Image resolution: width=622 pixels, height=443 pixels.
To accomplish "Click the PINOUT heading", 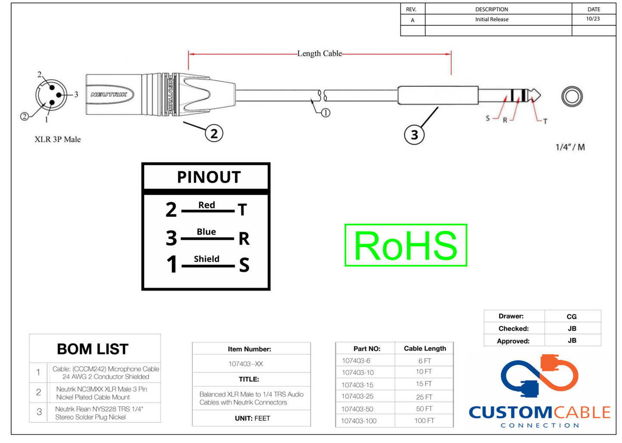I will [209, 177].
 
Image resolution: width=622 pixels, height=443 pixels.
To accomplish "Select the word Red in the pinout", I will [207, 205].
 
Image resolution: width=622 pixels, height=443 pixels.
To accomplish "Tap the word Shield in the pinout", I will [207, 259].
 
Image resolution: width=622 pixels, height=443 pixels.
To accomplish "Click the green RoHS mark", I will [405, 245].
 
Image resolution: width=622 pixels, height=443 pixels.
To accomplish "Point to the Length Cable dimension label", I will [319, 53].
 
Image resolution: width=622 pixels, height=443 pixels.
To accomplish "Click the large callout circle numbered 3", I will [414, 135].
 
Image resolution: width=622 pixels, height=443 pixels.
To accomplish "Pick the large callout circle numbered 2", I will [214, 133].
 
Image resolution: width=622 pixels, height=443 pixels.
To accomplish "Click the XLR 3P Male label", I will [58, 139].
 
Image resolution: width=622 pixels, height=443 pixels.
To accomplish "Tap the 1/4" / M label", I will [570, 147].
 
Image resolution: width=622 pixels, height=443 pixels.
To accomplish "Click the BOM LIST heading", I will [93, 349].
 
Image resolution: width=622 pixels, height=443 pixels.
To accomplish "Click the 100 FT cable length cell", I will [424, 421].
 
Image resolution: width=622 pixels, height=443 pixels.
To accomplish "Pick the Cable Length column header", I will [425, 348].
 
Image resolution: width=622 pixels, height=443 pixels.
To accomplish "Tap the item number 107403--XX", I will [246, 364].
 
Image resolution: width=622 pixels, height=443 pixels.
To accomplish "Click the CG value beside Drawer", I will [572, 316].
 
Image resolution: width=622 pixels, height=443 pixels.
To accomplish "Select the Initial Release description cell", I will [492, 19].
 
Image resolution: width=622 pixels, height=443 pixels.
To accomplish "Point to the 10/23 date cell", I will [593, 19].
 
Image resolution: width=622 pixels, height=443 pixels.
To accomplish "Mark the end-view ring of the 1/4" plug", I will [572, 96].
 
